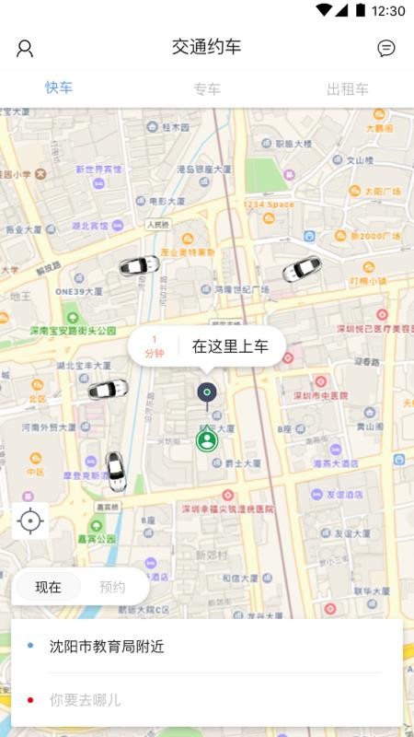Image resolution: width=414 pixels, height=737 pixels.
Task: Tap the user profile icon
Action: pyautogui.click(x=25, y=49)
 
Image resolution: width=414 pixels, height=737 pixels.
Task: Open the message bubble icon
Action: pyautogui.click(x=386, y=49)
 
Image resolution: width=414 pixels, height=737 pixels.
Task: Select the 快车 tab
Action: pyautogui.click(x=59, y=88)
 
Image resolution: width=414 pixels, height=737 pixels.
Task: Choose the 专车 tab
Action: pyautogui.click(x=206, y=89)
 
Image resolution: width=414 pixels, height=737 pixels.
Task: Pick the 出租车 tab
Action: pyautogui.click(x=348, y=89)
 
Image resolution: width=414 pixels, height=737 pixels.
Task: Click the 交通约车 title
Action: pyautogui.click(x=206, y=47)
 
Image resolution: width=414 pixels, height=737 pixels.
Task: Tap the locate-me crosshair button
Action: pyautogui.click(x=30, y=521)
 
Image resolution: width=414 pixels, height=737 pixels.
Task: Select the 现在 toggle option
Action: pyautogui.click(x=48, y=587)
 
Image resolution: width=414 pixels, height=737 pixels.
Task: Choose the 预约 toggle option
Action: pyautogui.click(x=112, y=587)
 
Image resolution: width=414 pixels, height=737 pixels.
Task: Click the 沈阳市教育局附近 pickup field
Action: pyautogui.click(x=107, y=647)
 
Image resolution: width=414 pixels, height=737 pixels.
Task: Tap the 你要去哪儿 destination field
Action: pyautogui.click(x=85, y=700)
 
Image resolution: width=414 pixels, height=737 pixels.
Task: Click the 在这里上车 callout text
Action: pyautogui.click(x=230, y=347)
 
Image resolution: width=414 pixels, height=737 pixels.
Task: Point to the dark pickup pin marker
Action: pyautogui.click(x=207, y=393)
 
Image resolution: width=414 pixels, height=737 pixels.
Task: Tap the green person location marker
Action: pyautogui.click(x=206, y=439)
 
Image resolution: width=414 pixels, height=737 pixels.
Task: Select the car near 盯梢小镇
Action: pyautogui.click(x=301, y=270)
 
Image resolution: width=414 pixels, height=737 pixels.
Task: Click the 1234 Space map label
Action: pyautogui.click(x=269, y=205)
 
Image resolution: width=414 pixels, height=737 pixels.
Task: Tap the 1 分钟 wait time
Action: pyautogui.click(x=154, y=347)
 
